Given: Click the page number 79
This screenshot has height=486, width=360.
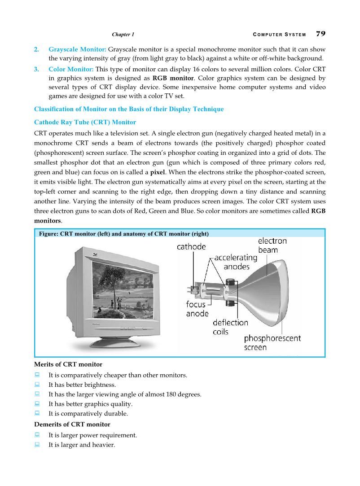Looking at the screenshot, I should tap(320, 34).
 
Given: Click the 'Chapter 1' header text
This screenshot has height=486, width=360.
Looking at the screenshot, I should tap(123, 35).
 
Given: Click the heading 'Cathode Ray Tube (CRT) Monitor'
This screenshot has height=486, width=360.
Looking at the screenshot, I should tap(85, 122).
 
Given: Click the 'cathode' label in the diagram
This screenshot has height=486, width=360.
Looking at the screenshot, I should tap(191, 246).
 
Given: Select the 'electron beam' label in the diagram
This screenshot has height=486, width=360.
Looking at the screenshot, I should tap(272, 245).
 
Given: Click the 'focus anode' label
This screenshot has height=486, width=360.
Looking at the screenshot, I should tap(197, 309).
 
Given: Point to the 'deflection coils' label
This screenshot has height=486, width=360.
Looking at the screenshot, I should tap(230, 327).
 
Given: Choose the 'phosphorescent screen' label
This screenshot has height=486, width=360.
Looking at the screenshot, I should tap(272, 342).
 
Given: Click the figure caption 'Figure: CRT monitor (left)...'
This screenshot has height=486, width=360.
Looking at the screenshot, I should tap(124, 233).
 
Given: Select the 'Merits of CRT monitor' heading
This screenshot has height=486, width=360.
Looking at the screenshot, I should tap(68, 364).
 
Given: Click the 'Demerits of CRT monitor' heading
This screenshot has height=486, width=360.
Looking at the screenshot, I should tap(72, 424).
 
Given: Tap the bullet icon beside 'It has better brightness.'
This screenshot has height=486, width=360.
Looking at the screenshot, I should tap(37, 385).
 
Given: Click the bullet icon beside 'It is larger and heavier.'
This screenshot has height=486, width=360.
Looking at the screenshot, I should tap(37, 445).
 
